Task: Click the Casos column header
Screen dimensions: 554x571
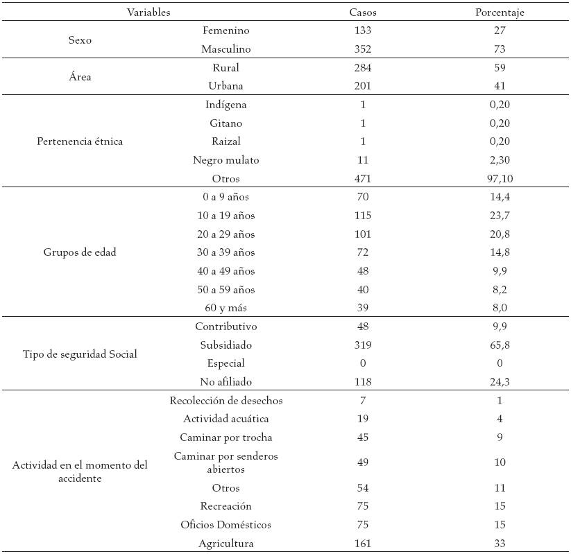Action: coord(362,12)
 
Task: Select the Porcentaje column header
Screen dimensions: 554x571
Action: coord(500,12)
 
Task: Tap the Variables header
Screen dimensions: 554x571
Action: coord(148,12)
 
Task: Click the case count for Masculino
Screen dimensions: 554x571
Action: coord(362,49)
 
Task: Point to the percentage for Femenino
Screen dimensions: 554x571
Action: coord(500,31)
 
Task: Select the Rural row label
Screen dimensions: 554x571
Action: coord(226,68)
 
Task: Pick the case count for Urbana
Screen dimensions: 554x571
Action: coord(362,86)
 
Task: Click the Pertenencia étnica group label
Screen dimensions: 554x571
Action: coord(80,141)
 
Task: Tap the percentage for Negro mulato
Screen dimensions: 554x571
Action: coord(500,160)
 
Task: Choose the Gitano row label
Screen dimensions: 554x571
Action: coord(226,123)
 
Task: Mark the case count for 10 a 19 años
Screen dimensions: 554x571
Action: coord(362,216)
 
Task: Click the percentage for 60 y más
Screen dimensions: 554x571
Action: coord(500,308)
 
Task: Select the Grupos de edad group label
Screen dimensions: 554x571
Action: coord(80,252)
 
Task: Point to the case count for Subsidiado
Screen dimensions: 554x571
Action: coord(362,345)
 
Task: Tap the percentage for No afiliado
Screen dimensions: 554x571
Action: coord(500,381)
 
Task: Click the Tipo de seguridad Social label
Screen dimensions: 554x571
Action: coord(80,354)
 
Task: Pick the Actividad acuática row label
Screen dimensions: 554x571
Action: coord(226,419)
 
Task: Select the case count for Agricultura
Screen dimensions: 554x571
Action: coord(362,544)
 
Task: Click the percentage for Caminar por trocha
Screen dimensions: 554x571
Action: coord(500,438)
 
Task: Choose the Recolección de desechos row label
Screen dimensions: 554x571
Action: coord(226,401)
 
